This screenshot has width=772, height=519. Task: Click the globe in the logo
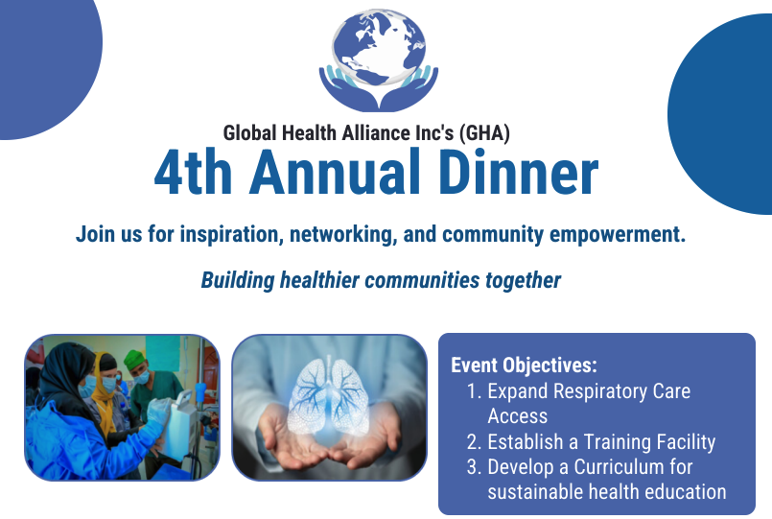point(379,47)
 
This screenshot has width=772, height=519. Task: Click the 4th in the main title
point(193,172)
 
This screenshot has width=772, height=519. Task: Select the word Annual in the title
point(336,172)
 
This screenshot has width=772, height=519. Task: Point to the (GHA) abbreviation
point(484,133)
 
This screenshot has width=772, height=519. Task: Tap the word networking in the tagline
point(343,234)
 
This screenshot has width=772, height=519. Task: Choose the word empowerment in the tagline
point(618,234)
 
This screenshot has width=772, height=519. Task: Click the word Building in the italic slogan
point(237,281)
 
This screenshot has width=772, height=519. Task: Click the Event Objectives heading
point(524,366)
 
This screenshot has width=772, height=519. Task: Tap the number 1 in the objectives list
point(474,391)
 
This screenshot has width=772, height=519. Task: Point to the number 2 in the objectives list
point(474,442)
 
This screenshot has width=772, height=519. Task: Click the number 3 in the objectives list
point(474,467)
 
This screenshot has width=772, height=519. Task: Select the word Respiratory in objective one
point(599,392)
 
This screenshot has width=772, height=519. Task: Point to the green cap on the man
point(134,360)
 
